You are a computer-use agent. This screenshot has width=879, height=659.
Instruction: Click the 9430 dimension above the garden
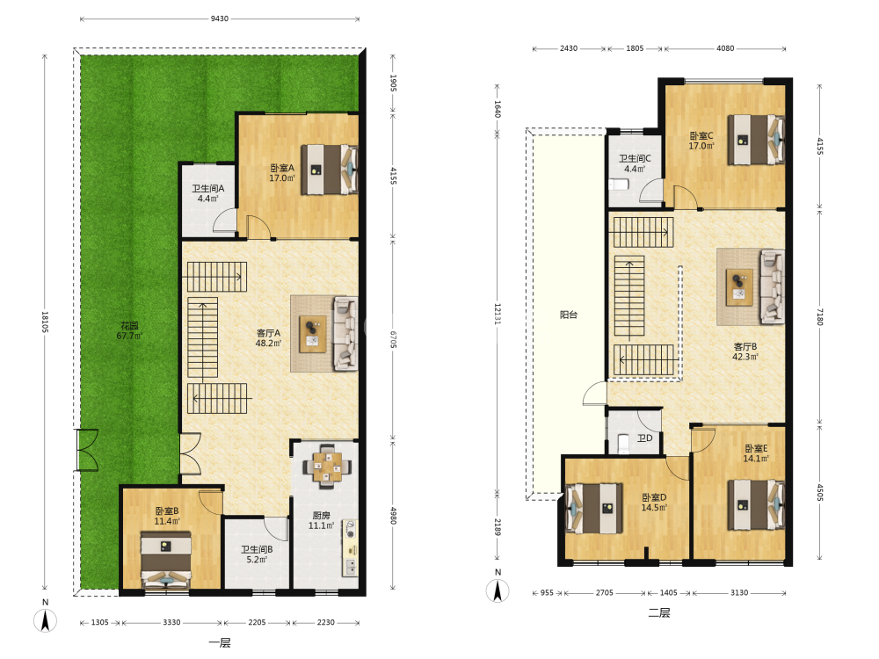click(x=219, y=18)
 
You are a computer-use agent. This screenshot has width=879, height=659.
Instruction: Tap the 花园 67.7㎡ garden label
click(x=129, y=330)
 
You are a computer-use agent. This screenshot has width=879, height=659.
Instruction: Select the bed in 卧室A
click(x=330, y=170)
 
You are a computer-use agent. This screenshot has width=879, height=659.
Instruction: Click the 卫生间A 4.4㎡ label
click(x=208, y=193)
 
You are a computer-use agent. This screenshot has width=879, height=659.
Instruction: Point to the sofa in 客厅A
click(x=345, y=333)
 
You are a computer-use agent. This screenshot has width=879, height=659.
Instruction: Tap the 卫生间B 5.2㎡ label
click(x=257, y=554)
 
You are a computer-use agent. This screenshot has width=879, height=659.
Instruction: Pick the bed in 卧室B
click(x=165, y=560)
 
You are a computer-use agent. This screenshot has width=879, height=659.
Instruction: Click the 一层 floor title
click(x=220, y=643)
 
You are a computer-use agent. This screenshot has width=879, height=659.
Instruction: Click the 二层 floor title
click(x=659, y=612)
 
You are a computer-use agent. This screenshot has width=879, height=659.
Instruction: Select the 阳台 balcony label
click(x=569, y=315)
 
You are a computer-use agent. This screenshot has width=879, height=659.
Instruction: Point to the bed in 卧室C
click(x=756, y=140)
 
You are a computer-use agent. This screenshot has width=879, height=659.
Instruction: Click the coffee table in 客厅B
click(x=739, y=287)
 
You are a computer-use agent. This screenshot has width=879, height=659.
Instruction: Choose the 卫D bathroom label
click(x=644, y=438)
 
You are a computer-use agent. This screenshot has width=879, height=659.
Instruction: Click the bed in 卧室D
click(x=593, y=508)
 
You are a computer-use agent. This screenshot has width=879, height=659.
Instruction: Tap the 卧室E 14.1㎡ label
click(x=756, y=453)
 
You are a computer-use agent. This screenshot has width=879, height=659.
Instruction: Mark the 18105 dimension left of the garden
click(x=45, y=322)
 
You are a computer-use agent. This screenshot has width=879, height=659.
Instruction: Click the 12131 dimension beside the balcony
click(x=498, y=314)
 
